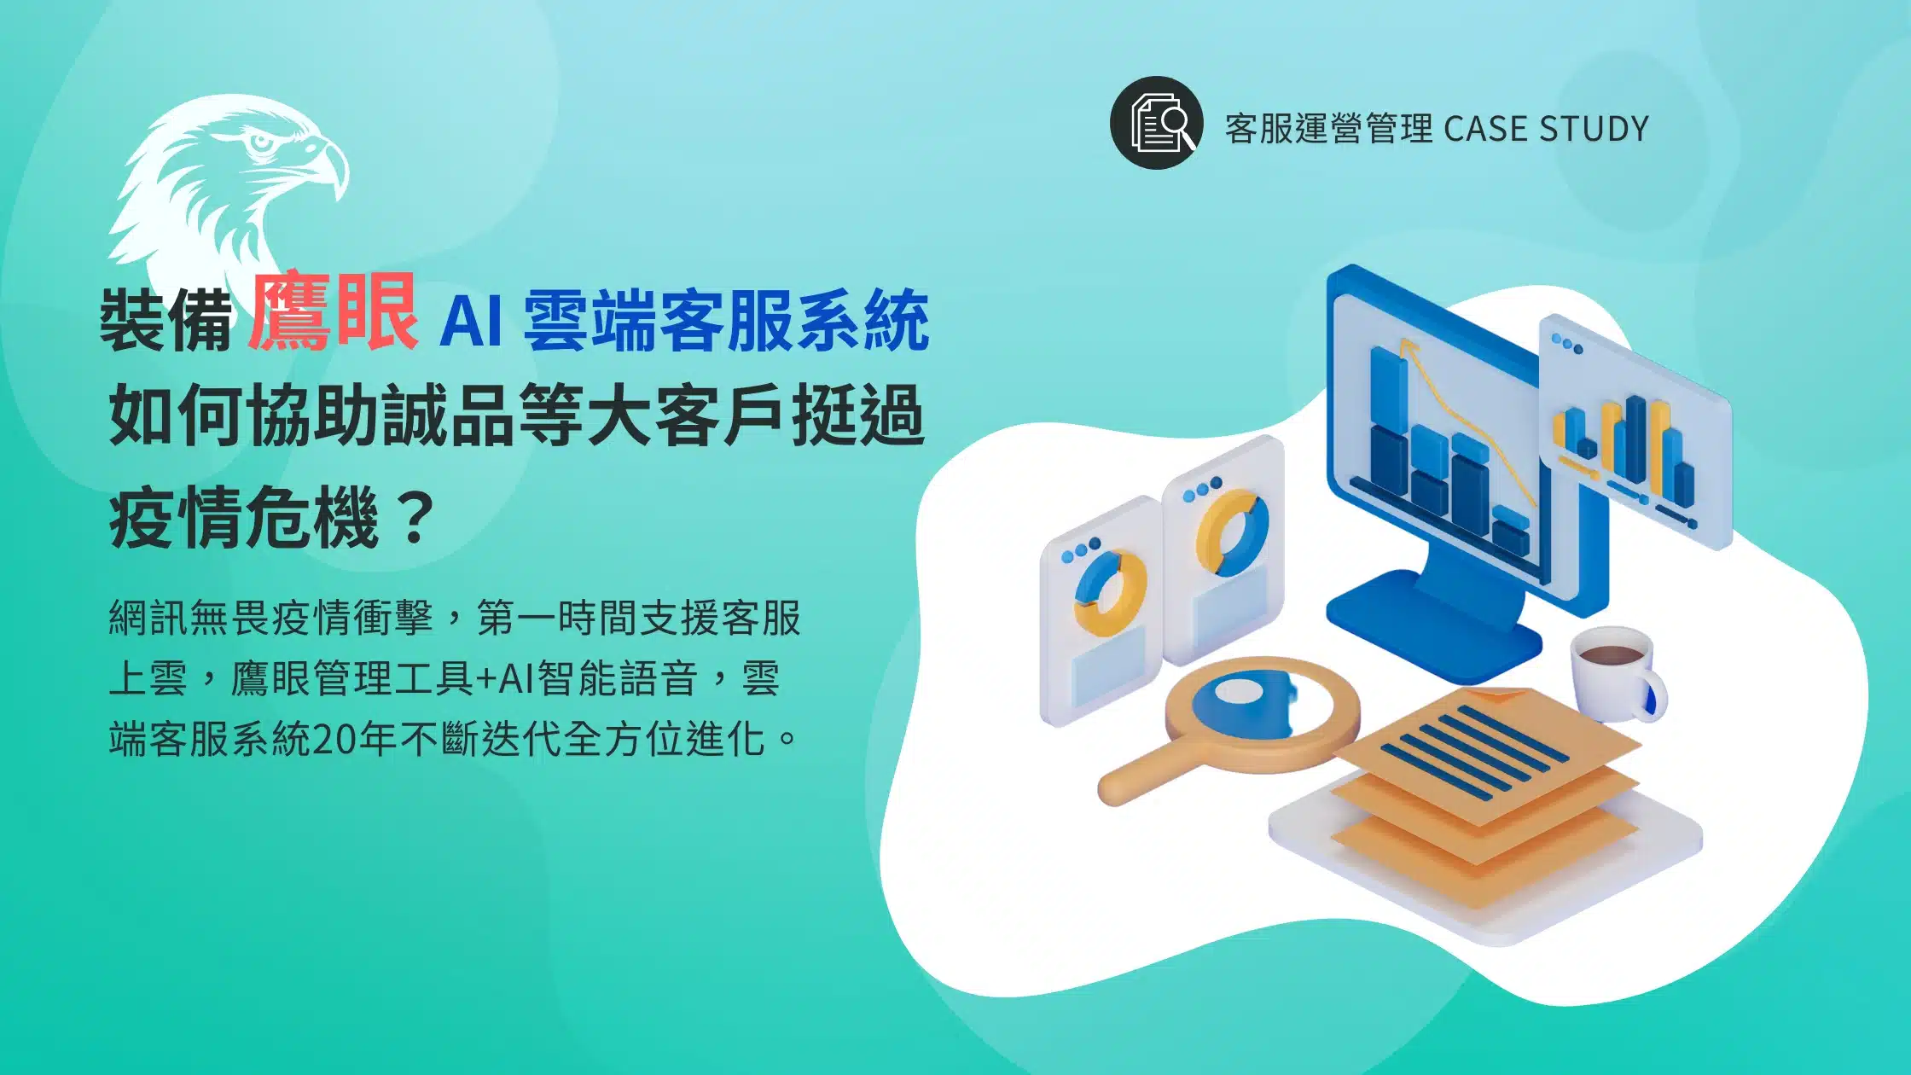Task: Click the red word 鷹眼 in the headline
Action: click(333, 314)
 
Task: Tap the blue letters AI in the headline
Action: click(470, 321)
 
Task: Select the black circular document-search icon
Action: click(1156, 123)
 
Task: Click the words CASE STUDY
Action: click(1546, 129)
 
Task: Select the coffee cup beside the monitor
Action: click(1612, 674)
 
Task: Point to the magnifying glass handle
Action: click(1143, 776)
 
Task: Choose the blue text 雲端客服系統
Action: click(726, 321)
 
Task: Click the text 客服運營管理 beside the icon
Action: click(1328, 129)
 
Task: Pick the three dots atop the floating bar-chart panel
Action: click(1567, 344)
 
